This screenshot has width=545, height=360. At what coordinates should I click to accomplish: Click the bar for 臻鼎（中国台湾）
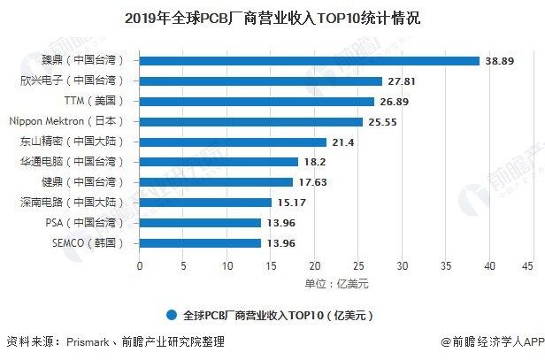310,60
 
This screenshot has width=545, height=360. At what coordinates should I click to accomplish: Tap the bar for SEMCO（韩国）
201,242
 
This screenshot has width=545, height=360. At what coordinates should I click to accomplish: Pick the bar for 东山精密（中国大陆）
234,142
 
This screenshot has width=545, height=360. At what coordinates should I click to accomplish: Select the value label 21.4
345,142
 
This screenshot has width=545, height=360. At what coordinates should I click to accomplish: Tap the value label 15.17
294,203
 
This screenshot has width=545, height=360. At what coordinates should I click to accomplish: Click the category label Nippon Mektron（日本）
71,121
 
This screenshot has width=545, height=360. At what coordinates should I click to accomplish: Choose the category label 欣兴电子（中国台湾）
78,80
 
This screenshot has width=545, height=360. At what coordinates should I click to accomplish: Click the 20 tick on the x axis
314,264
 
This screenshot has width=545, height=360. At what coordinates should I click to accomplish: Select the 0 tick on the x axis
141,264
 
